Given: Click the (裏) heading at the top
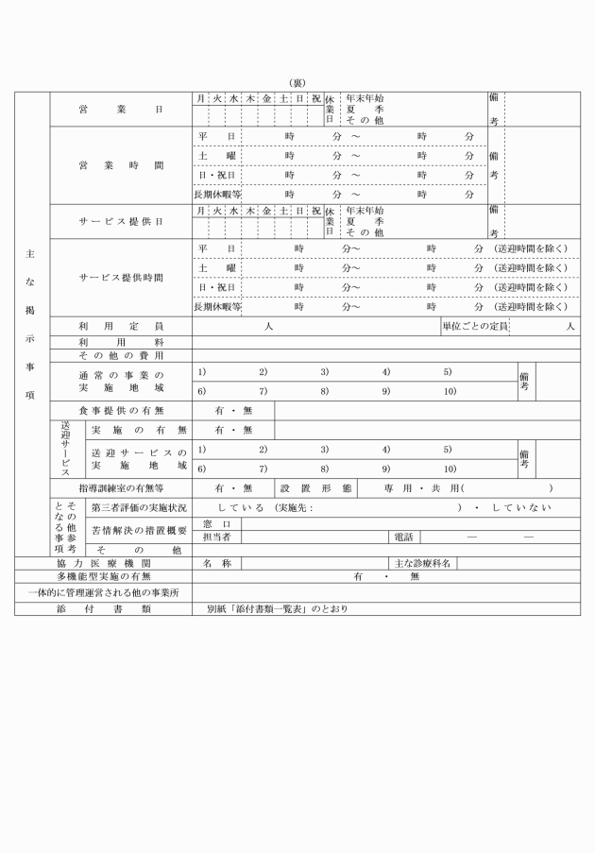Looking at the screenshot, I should click(x=297, y=83).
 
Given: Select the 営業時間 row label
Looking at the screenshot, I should click(x=120, y=165).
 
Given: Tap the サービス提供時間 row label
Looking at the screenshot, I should click(x=120, y=279).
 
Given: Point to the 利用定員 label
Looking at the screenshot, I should click(x=120, y=326).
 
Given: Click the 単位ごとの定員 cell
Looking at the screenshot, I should click(x=475, y=326).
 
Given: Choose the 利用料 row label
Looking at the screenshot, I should click(x=120, y=341).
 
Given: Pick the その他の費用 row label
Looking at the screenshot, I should click(x=120, y=355).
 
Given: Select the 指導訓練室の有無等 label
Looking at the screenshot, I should click(x=120, y=488).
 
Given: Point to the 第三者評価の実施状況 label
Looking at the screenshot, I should click(x=139, y=507).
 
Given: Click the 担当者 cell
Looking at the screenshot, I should click(x=216, y=537).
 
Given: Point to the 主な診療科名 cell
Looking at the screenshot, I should click(x=422, y=563).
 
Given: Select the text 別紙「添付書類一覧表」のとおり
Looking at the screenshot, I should click(x=278, y=608).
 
